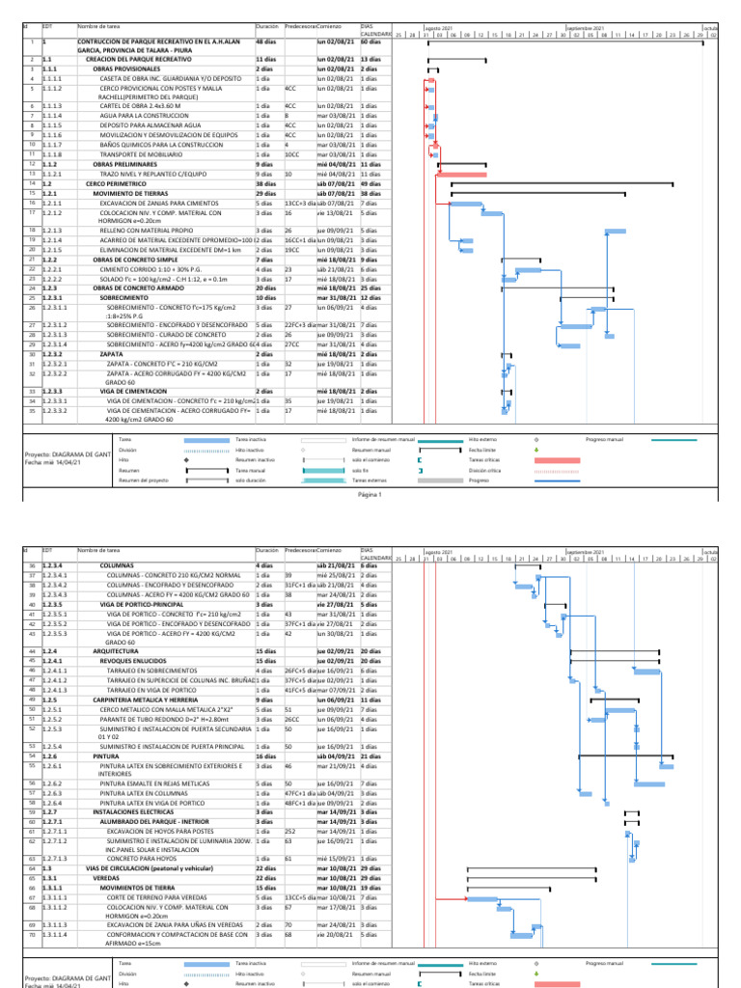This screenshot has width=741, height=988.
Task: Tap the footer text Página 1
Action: click(x=370, y=493)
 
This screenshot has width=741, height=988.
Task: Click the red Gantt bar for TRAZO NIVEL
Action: click(x=468, y=174)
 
